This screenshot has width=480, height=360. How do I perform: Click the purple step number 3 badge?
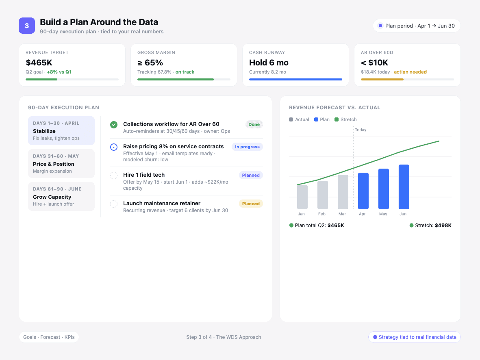pos(27,26)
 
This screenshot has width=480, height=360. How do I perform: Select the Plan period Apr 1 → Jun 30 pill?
pos(417,26)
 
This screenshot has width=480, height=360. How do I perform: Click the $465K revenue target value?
pos(39,63)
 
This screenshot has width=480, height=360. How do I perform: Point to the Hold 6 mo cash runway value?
pos(269,63)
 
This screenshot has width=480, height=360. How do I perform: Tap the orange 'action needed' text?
pos(410,72)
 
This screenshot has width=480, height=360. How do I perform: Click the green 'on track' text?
pos(185,72)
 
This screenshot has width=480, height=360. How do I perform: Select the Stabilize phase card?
pos(61,130)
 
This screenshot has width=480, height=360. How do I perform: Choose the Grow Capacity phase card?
pos(61,196)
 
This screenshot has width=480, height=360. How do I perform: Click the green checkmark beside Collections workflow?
pos(114,125)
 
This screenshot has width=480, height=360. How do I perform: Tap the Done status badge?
pos(254,124)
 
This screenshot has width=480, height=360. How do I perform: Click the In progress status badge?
pos(247,147)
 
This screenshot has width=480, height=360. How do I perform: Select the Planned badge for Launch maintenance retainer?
pos(251,204)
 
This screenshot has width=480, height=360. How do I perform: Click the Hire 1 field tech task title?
pos(144,175)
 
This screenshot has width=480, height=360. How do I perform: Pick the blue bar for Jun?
pos(404,187)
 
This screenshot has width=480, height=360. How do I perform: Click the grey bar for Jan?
pos(302,197)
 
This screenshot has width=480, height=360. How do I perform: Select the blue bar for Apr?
pos(363,191)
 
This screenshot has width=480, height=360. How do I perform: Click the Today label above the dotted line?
pos(361,130)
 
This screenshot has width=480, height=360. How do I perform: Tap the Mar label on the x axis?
pos(342,214)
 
